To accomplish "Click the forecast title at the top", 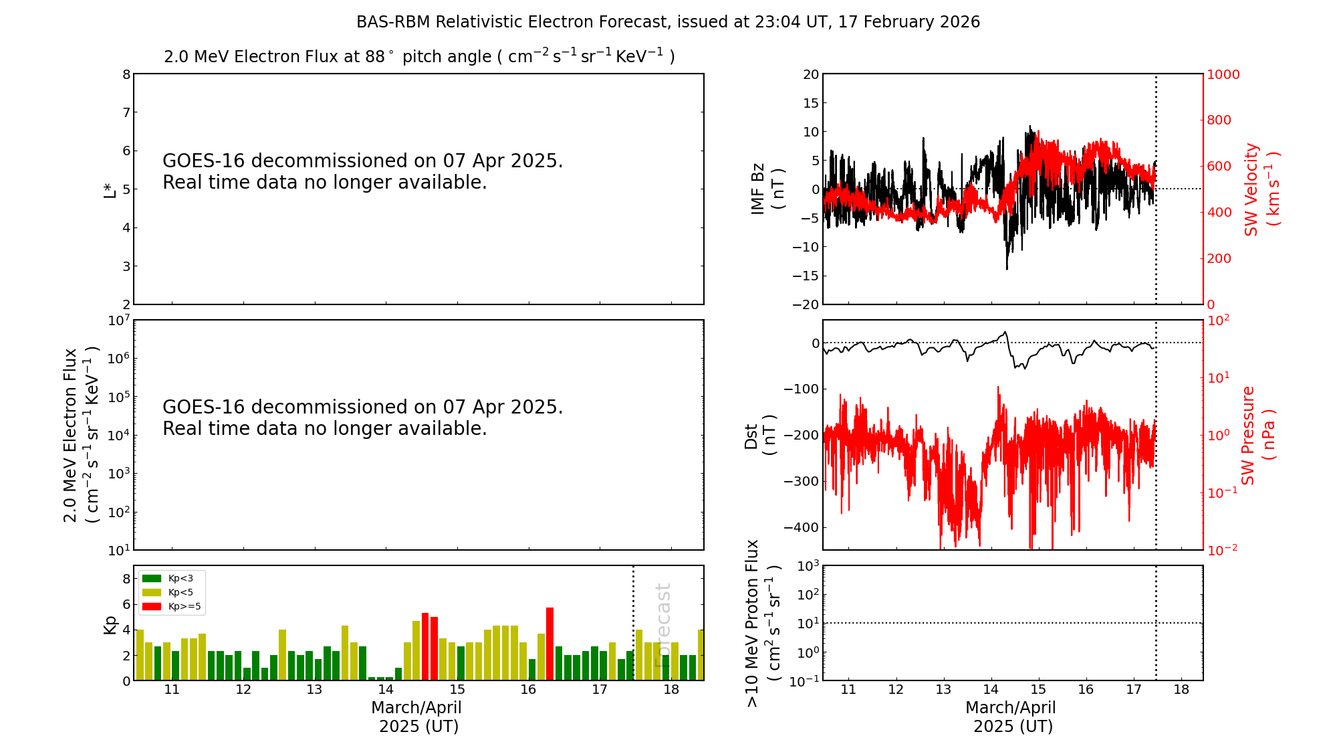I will (668, 22).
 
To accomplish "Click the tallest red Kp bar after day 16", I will (550, 642).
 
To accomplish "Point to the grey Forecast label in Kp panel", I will (662, 625).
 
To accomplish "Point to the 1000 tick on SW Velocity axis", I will (1223, 74).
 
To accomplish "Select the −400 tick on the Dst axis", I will (804, 527).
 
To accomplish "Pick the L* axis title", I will (110, 189).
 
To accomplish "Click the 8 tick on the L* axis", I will (126, 74).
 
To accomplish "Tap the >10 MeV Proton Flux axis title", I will (762, 623).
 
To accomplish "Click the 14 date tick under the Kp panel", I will (386, 690).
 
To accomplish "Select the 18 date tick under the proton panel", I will (1181, 690).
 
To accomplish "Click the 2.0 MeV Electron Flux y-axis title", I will (81, 435).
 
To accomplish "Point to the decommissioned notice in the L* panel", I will (362, 171).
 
